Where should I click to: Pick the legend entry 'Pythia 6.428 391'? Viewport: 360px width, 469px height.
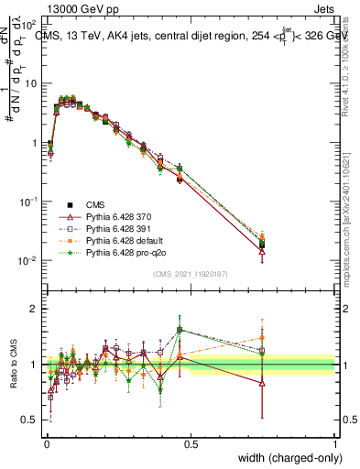(122, 228)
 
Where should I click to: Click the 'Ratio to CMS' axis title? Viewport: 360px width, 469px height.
(14, 365)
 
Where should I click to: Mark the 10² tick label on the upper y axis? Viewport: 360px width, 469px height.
(30, 24)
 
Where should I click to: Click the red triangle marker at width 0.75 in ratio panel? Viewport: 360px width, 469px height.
(263, 384)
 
